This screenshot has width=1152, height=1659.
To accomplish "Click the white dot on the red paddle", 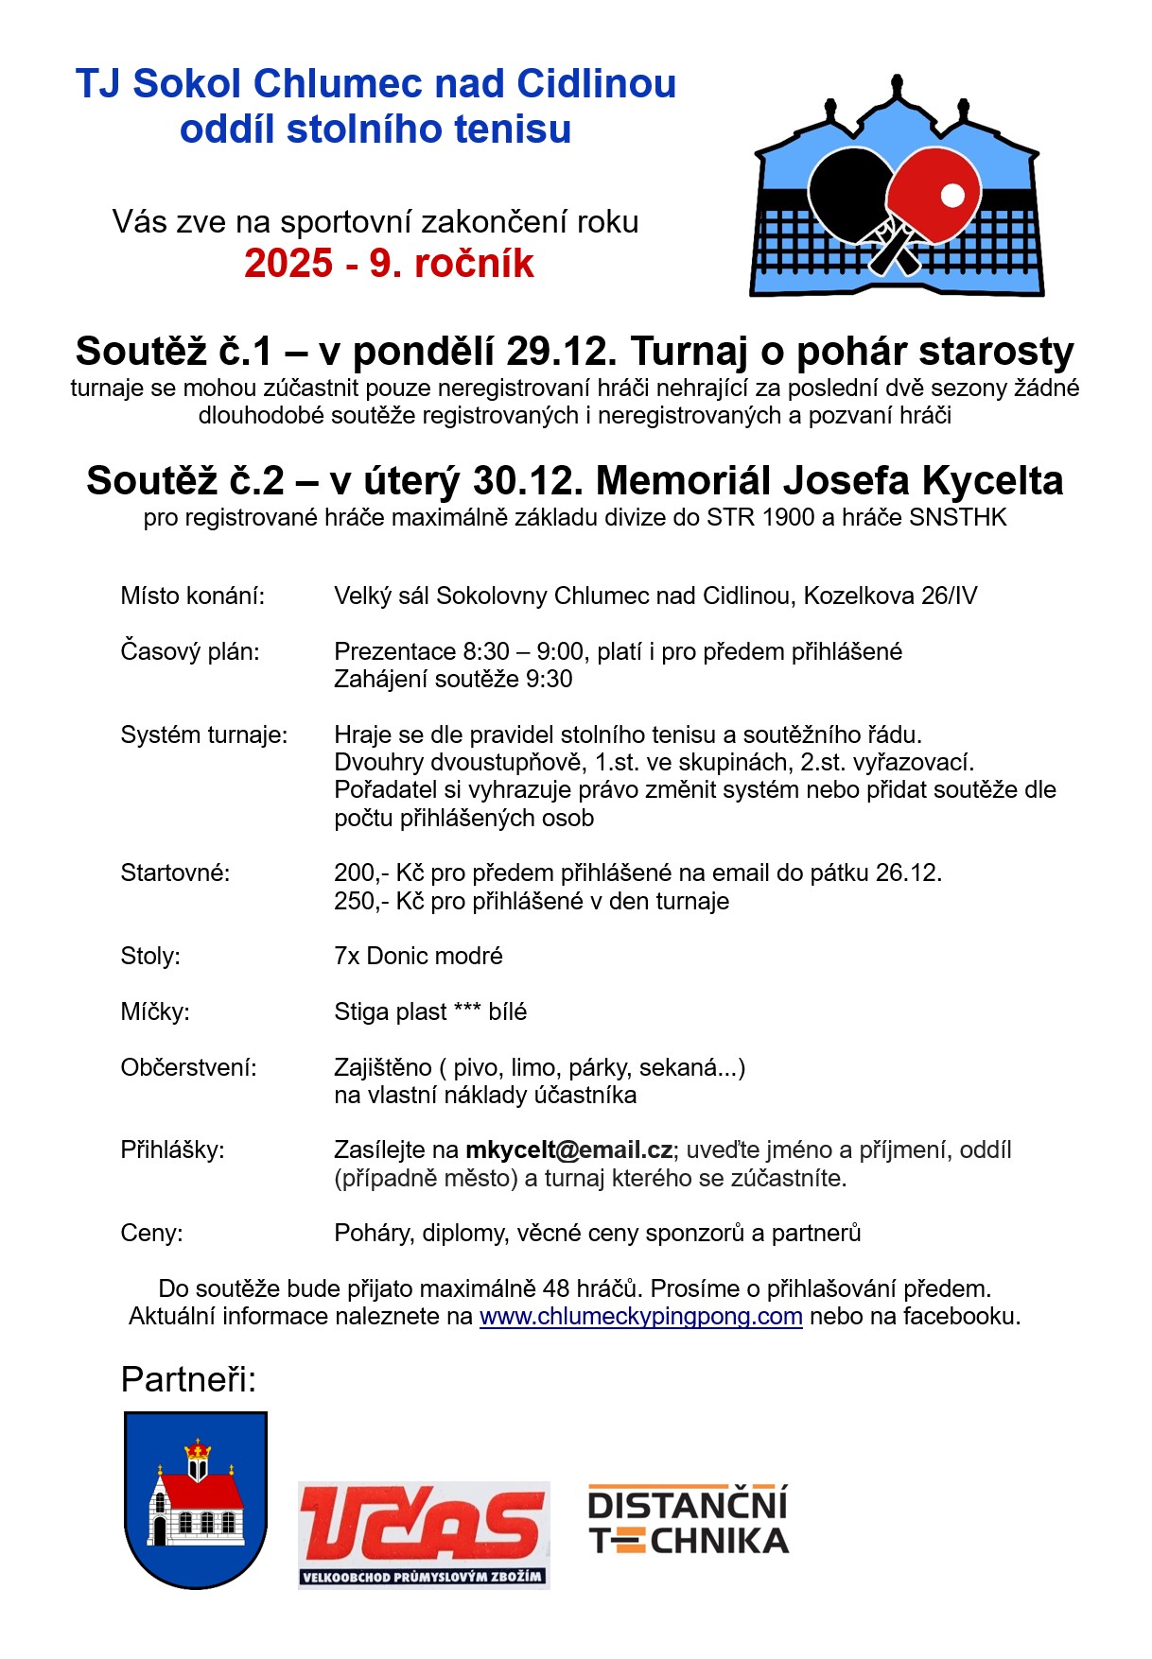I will click(952, 196).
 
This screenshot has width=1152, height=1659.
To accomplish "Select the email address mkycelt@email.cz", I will click(569, 1150).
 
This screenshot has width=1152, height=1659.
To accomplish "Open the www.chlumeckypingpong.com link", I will click(641, 1316).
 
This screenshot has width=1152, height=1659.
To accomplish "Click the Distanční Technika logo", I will click(689, 1521).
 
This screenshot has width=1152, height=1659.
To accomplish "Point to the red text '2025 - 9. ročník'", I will click(389, 264).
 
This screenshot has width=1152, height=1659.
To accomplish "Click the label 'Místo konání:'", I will click(193, 596).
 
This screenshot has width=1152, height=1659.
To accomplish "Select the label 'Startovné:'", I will click(175, 873).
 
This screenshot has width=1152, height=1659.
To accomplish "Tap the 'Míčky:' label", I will click(155, 1011).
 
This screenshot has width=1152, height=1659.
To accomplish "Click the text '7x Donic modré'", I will click(418, 956).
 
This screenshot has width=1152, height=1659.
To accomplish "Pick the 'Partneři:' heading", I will click(189, 1380).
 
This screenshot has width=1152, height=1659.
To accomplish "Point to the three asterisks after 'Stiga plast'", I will click(467, 1010).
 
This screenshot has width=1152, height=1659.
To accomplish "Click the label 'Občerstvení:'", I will click(189, 1067).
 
